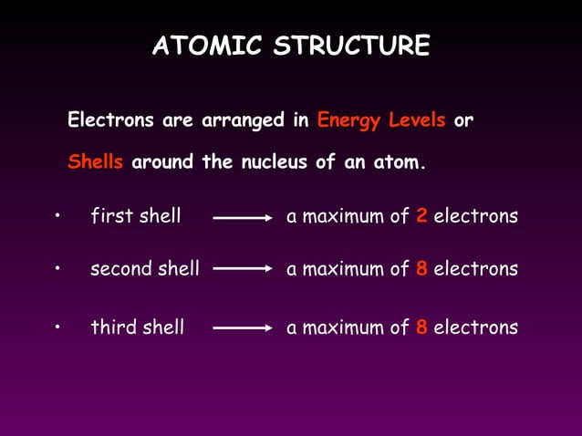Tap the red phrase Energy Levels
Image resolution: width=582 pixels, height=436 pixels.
381,120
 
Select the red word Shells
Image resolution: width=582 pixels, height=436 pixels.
95,164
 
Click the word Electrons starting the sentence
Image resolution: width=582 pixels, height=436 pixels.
111,120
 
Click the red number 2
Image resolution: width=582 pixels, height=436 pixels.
421,217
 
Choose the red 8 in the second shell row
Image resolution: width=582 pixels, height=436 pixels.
421,269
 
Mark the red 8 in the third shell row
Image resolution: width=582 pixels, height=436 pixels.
421,327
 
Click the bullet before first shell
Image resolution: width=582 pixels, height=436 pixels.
57,216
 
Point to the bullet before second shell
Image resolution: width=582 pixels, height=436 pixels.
57,268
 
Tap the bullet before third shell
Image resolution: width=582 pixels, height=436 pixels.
57,326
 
